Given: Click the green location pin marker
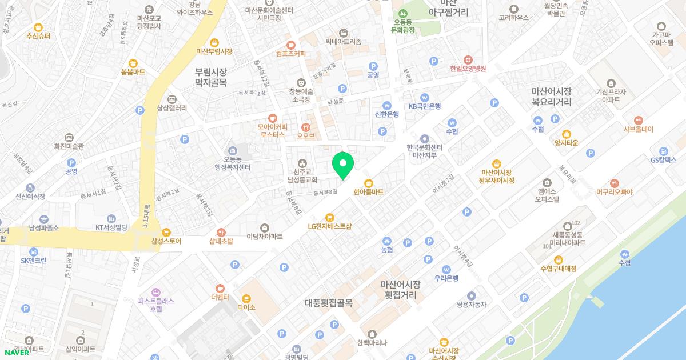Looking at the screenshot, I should click(x=343, y=165).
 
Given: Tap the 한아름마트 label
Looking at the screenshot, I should click(x=369, y=193).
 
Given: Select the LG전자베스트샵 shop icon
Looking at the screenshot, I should click(x=329, y=217).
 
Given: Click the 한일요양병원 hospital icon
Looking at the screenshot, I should click(x=468, y=59).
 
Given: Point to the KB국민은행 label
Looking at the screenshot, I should click(x=424, y=106).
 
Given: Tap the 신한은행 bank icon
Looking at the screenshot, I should click(x=387, y=105).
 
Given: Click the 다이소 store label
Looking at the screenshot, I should click(x=246, y=307).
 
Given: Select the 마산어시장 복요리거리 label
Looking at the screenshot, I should click(x=551, y=96).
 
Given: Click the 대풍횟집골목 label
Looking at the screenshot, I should click(x=328, y=303).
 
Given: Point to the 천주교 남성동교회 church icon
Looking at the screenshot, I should click(x=302, y=163).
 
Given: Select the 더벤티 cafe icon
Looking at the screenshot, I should click(x=220, y=288).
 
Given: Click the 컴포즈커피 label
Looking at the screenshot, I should click(x=290, y=54).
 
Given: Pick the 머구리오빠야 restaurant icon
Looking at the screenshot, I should click(x=614, y=183).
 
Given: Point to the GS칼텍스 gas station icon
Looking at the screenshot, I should click(x=664, y=151).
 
